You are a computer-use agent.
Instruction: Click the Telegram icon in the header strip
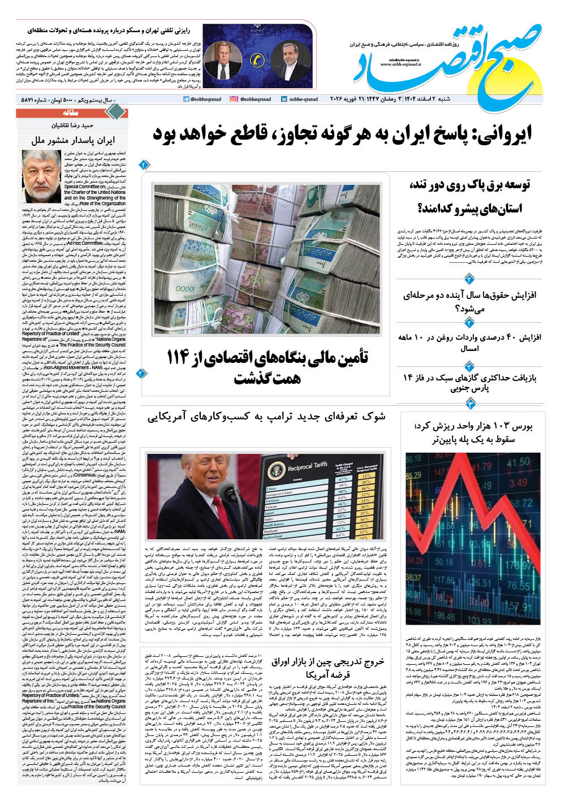coord(186,99)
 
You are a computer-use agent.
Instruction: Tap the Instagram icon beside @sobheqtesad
coord(234,99)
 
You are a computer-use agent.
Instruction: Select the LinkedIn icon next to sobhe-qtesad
coord(283,99)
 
